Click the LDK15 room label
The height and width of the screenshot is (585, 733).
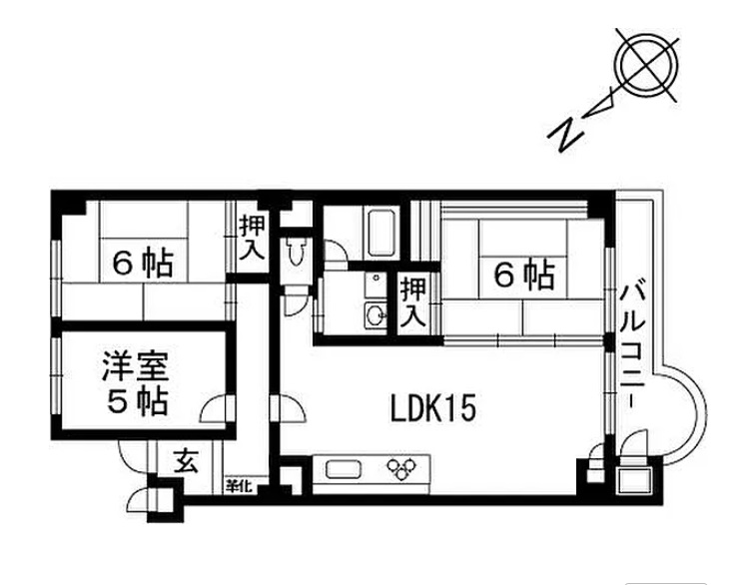point(432,408)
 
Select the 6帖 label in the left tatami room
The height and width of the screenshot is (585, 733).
point(144,264)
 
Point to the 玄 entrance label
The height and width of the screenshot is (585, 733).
point(187,462)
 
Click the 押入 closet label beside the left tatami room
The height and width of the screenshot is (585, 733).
point(253,237)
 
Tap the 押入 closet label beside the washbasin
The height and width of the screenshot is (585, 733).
point(413,302)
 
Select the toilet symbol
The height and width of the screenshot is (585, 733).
point(295,252)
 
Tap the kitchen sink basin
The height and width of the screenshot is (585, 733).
point(344,469)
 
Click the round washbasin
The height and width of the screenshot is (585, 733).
point(375,314)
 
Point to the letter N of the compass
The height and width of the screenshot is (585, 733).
point(567,133)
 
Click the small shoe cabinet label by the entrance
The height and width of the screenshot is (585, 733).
point(240,486)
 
